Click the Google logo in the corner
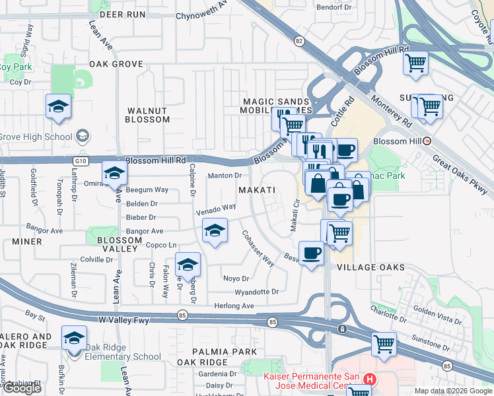pos(22,388)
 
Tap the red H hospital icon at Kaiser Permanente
pos(369,379)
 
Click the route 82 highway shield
pos(299,41)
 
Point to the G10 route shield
pos(81,160)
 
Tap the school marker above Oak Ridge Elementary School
pos(74,338)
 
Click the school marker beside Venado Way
pos(215,232)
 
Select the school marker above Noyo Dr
pos(188,265)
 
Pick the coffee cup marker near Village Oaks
pos(311,253)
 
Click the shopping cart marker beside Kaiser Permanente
pos(384,343)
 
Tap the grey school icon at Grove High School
pos(83,137)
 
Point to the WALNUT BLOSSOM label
pos(148,114)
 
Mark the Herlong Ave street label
pos(234,306)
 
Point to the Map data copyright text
pos(453,391)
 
